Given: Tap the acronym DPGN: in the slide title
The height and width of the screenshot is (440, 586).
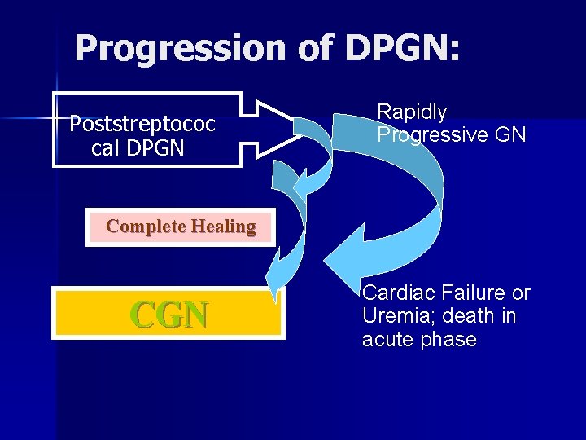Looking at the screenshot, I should click(402, 49).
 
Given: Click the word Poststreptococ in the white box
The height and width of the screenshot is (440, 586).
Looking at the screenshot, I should click(142, 124).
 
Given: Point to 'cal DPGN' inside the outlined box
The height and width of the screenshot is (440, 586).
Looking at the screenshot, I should click(138, 148).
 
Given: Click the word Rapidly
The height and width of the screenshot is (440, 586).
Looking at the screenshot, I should click(412, 112).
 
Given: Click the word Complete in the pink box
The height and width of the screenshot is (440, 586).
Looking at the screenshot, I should click(146, 227).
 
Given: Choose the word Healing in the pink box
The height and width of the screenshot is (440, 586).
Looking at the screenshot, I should click(223, 227).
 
